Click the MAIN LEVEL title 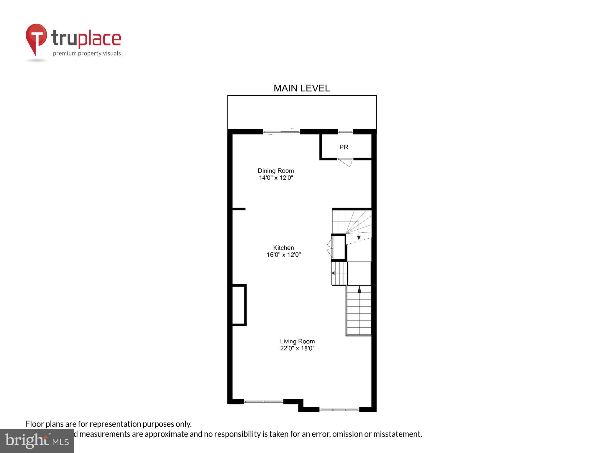301,88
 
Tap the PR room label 344,147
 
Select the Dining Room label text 276,170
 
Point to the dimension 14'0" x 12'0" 276,178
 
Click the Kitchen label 283,248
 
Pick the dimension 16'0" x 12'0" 283,255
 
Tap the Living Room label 297,341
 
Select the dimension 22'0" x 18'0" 297,348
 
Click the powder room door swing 346,162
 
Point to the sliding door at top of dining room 281,132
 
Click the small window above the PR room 345,132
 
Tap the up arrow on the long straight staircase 359,290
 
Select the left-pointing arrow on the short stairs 333,273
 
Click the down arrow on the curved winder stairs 359,237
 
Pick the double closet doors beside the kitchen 330,248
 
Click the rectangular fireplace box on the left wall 239,305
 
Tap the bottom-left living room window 264,401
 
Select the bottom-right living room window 339,409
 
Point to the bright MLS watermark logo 37,441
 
